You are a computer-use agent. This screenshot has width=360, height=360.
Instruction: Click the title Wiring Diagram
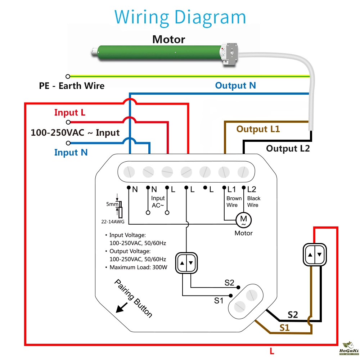pos(180,17)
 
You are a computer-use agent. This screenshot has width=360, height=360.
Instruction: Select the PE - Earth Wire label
pos(72,86)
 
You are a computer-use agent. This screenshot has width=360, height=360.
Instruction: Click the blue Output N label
pos(235,86)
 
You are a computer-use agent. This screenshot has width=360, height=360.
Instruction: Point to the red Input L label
pos(70,113)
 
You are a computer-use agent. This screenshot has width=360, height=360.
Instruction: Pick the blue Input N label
pos(71,153)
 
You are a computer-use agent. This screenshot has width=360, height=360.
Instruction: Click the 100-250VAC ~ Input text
pos(75,132)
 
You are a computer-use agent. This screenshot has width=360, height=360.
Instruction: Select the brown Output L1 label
pos(258,129)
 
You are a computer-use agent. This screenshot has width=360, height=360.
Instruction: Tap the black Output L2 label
pos(288,148)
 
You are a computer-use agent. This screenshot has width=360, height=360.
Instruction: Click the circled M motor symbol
pos(243,219)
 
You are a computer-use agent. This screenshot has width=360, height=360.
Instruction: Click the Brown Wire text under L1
pos(234,202)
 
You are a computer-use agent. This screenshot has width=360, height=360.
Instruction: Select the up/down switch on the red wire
pos(315,255)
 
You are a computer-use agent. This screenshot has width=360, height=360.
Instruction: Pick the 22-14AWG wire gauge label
pos(113,222)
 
